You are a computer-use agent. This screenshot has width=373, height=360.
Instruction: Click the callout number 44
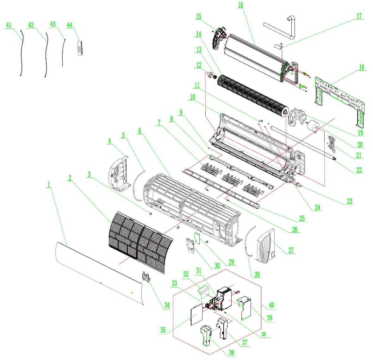[69, 25]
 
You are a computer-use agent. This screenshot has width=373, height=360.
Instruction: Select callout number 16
[240, 5]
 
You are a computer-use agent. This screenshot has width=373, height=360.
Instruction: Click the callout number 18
[361, 67]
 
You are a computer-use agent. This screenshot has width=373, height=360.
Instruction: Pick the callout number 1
[49, 184]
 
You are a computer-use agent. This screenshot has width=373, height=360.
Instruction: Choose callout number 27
[291, 250]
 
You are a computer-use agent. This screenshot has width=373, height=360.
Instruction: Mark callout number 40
[271, 306]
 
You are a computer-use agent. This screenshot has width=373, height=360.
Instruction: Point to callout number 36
[232, 353]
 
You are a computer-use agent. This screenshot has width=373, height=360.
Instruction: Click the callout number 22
[359, 170]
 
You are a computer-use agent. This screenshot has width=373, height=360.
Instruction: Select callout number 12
[198, 65]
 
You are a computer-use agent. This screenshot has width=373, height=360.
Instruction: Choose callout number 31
[199, 271]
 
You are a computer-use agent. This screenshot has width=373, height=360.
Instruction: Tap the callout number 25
[302, 218]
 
